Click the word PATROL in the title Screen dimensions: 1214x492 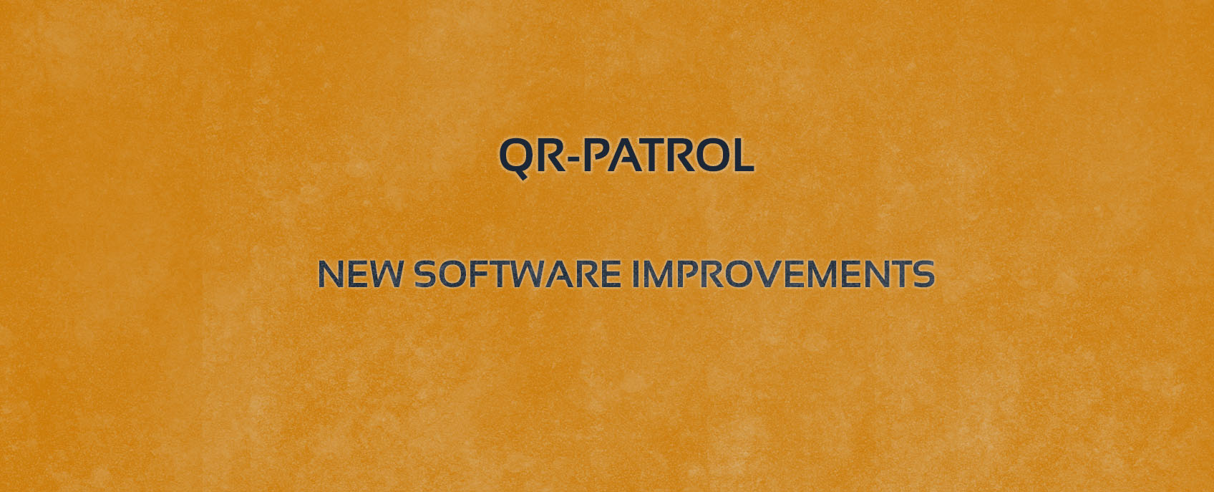(x=671, y=155)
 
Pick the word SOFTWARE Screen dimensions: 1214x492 (x=518, y=274)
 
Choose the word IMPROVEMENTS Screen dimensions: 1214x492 (x=784, y=274)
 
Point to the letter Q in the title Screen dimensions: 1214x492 (x=515, y=158)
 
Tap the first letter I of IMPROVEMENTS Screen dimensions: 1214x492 (x=636, y=274)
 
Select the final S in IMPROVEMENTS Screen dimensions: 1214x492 (x=923, y=274)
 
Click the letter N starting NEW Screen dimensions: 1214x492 (x=330, y=274)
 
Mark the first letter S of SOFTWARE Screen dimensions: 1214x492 (x=425, y=274)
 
